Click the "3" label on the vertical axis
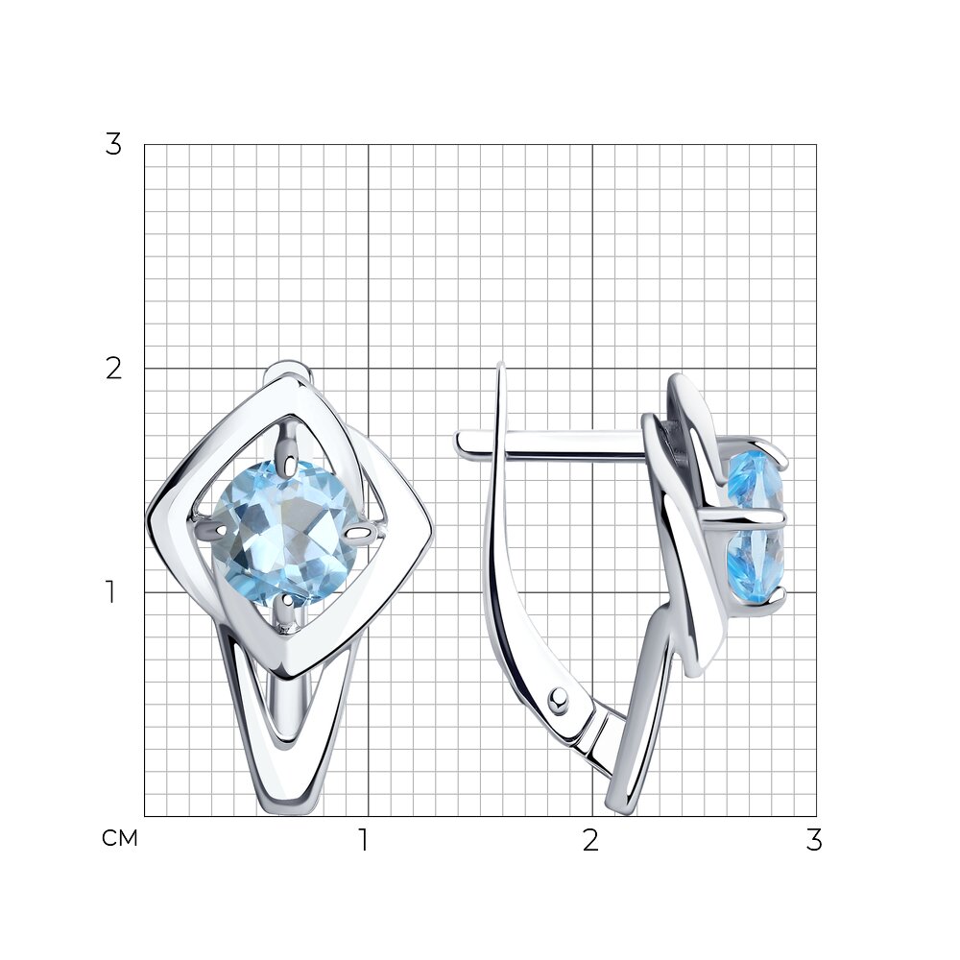[x=113, y=145]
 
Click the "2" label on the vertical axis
[x=114, y=369]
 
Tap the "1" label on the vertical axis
[x=110, y=592]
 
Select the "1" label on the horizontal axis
[x=364, y=840]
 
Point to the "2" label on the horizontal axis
[x=590, y=840]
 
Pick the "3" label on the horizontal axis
[x=814, y=840]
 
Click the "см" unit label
[x=120, y=838]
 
